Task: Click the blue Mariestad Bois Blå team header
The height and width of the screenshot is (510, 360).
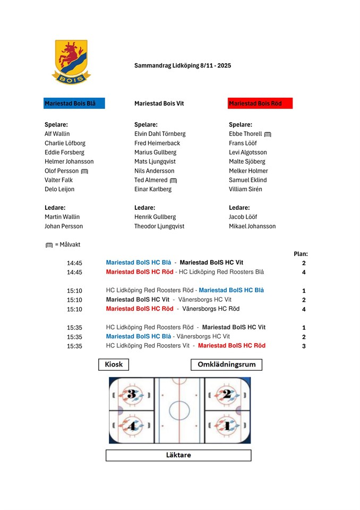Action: pos(74,104)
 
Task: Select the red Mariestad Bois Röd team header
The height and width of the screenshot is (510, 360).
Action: pos(260,104)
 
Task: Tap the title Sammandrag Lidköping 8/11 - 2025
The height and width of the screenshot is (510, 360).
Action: pos(183,65)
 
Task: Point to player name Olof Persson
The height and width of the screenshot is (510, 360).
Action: pos(62,171)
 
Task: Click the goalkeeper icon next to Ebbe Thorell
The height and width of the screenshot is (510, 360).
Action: pos(268,134)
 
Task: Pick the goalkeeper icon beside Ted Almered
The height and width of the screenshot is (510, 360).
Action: pos(173,181)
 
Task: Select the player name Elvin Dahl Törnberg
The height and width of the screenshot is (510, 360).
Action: pos(160,134)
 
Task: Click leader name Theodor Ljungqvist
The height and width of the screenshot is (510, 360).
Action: pos(159,226)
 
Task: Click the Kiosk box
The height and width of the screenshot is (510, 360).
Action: pos(114,364)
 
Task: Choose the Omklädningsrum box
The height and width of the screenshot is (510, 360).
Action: pos(226,365)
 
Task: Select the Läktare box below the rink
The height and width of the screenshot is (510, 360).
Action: pos(178,455)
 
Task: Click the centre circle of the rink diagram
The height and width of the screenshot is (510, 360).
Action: pos(179,410)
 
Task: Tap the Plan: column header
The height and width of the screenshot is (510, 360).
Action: pos(301,254)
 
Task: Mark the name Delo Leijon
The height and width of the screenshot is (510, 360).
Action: pos(59,190)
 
